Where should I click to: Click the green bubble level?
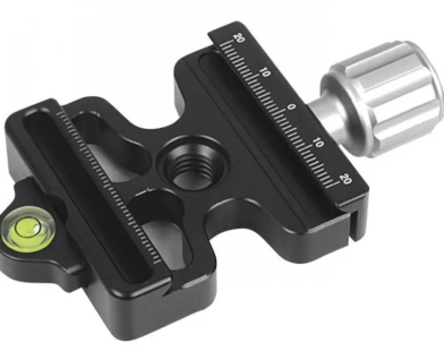pyautogui.click(x=28, y=230)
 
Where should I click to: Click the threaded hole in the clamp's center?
pyautogui.click(x=193, y=164)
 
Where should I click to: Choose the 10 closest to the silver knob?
pyautogui.click(x=318, y=143)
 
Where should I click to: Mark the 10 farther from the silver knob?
pyautogui.click(x=265, y=73)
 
